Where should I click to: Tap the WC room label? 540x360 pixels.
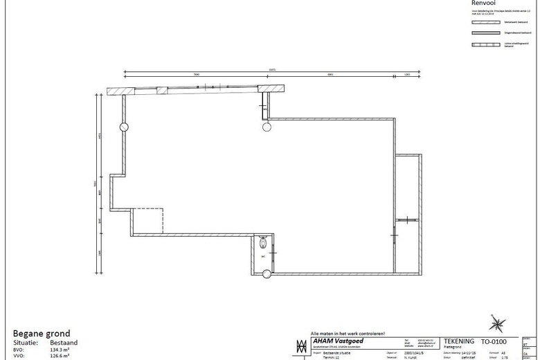coord(263,256)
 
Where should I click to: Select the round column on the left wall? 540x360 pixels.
coord(124,127)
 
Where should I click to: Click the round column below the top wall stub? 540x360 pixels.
coord(266,127)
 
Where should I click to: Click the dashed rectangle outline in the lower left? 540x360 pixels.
coord(147,220)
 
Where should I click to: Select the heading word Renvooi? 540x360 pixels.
coord(484,3)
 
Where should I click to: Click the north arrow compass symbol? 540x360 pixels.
coord(497,323)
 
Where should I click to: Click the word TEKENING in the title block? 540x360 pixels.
coord(459,341)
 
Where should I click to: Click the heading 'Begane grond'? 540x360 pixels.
coord(42,333)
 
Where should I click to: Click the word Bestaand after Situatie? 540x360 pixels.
coord(64,343)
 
